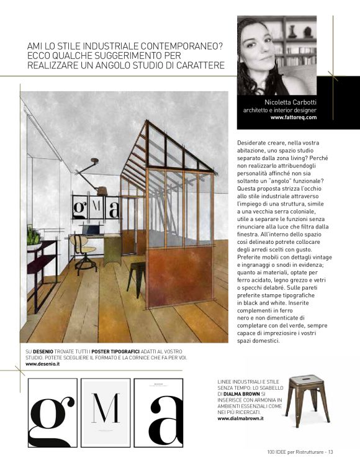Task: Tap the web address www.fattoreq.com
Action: point(294,117)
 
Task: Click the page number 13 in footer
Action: point(331,451)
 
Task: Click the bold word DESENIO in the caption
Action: point(42,352)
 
